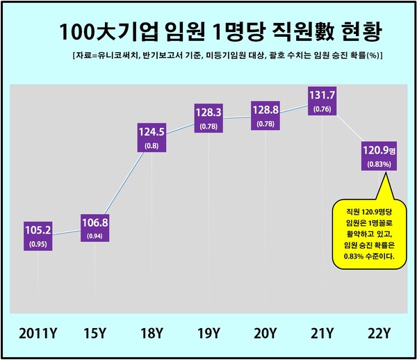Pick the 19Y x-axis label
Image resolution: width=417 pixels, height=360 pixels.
pos(208,333)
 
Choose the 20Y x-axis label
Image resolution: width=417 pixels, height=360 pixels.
pos(265,333)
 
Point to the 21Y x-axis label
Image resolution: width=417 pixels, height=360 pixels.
pos(321,333)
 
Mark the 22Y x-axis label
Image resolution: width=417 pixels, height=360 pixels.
pos(379,333)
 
